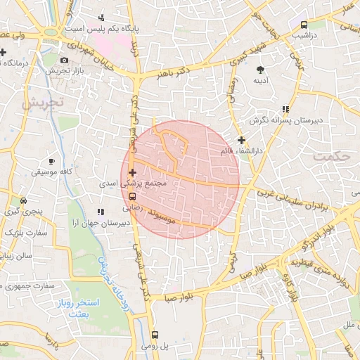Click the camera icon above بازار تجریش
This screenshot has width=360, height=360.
coord(65,60)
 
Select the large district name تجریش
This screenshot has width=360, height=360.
coord(42,103)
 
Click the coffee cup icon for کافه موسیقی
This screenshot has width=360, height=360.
coord(51,160)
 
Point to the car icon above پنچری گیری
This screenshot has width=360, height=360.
coord(24,200)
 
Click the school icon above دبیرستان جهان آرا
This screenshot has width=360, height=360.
coord(101,211)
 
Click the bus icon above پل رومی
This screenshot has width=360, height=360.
coord(155,335)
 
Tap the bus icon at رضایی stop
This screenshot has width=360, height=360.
coord(133,197)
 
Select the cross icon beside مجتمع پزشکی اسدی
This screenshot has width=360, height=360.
coord(132,172)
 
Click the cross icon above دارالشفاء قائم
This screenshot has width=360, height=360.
coord(242,140)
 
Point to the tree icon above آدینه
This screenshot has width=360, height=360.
coord(261,70)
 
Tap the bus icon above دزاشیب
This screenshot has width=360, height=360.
coord(303,25)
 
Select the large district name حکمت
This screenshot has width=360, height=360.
coord(331,156)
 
